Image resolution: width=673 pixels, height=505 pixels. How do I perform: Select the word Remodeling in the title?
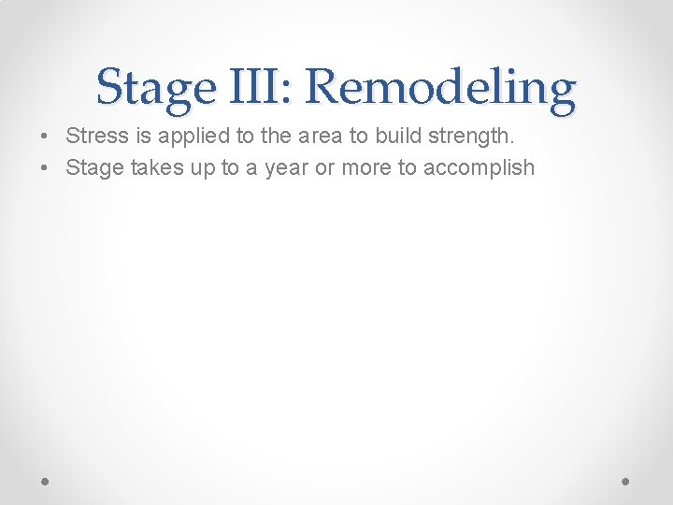440,88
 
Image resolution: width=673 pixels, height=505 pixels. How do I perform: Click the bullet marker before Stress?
45,137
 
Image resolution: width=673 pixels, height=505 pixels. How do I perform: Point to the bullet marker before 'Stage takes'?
45,168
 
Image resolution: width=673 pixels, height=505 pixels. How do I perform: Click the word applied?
190,137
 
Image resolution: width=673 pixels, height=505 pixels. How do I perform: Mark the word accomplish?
480,169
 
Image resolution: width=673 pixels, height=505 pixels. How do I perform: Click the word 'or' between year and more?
323,169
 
